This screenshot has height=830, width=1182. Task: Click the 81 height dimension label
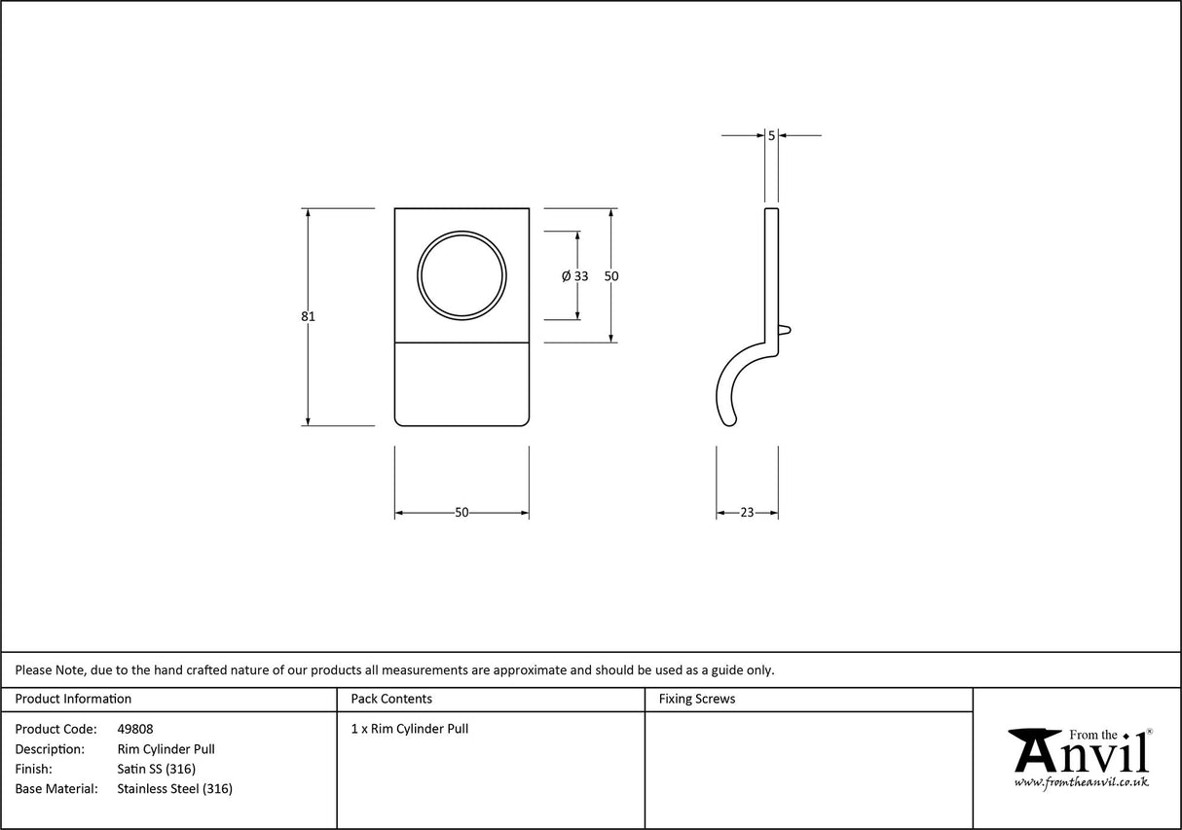click(308, 316)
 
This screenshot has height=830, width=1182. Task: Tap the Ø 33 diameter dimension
click(575, 276)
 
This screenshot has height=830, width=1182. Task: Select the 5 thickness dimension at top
click(771, 136)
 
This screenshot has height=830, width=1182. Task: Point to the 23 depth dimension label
click(747, 513)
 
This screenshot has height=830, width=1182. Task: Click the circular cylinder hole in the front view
click(462, 275)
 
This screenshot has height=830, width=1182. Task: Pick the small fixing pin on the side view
click(788, 330)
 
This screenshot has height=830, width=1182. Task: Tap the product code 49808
click(134, 729)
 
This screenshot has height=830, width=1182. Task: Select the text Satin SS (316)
click(156, 769)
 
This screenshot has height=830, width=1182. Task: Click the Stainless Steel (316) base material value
click(174, 789)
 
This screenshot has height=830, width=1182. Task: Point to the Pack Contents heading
click(391, 699)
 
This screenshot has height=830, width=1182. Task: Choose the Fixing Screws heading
click(697, 699)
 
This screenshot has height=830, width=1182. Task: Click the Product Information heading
click(73, 699)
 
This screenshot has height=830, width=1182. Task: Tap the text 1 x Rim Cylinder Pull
click(409, 729)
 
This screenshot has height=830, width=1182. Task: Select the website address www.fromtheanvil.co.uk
click(1081, 782)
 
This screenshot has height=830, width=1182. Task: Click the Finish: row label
click(34, 769)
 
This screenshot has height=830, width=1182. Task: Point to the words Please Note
click(50, 669)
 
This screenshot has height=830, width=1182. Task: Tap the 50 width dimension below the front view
click(462, 513)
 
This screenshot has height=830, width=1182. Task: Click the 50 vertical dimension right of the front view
click(611, 276)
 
